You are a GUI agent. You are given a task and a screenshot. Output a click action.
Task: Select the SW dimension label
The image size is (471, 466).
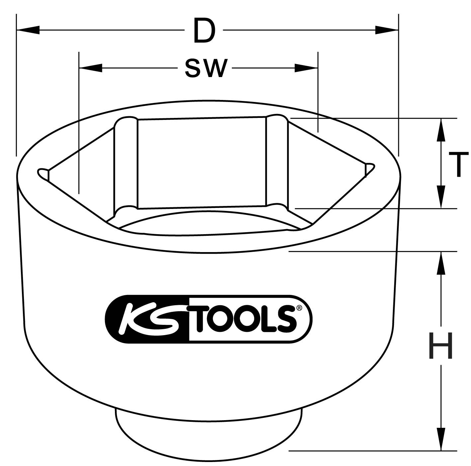tap(206, 68)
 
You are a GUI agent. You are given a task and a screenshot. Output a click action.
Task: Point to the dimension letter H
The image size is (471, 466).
tap(441, 346)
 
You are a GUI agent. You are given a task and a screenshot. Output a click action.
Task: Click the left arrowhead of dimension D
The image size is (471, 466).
tap(28, 30)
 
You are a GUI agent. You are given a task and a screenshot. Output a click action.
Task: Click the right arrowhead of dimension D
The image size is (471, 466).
tap(387, 30)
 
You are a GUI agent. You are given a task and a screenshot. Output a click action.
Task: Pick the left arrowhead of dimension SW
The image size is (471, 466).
tap(90, 68)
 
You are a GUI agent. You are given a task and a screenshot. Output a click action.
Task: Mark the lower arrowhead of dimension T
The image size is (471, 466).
tap(441, 197)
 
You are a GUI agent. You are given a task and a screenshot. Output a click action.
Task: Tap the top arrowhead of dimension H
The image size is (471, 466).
tap(441, 263)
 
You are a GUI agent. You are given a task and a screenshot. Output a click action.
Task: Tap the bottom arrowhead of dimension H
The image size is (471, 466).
tap(441, 439)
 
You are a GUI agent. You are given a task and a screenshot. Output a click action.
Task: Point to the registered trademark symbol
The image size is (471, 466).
tap(299, 308)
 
